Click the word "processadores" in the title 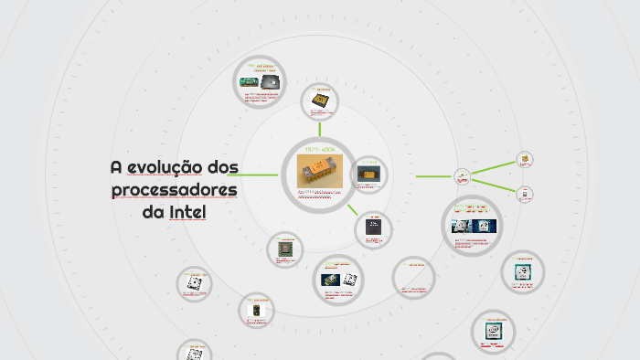pos(174,190)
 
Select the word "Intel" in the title pos(188,213)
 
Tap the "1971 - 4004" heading pos(320,149)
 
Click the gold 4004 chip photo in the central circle pos(320,172)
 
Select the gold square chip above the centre pos(320,99)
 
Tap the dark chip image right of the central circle pos(369,173)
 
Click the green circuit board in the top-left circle pos(248,81)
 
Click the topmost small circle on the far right pos(525,160)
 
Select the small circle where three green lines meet pos(463,175)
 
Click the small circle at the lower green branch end pos(525,194)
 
